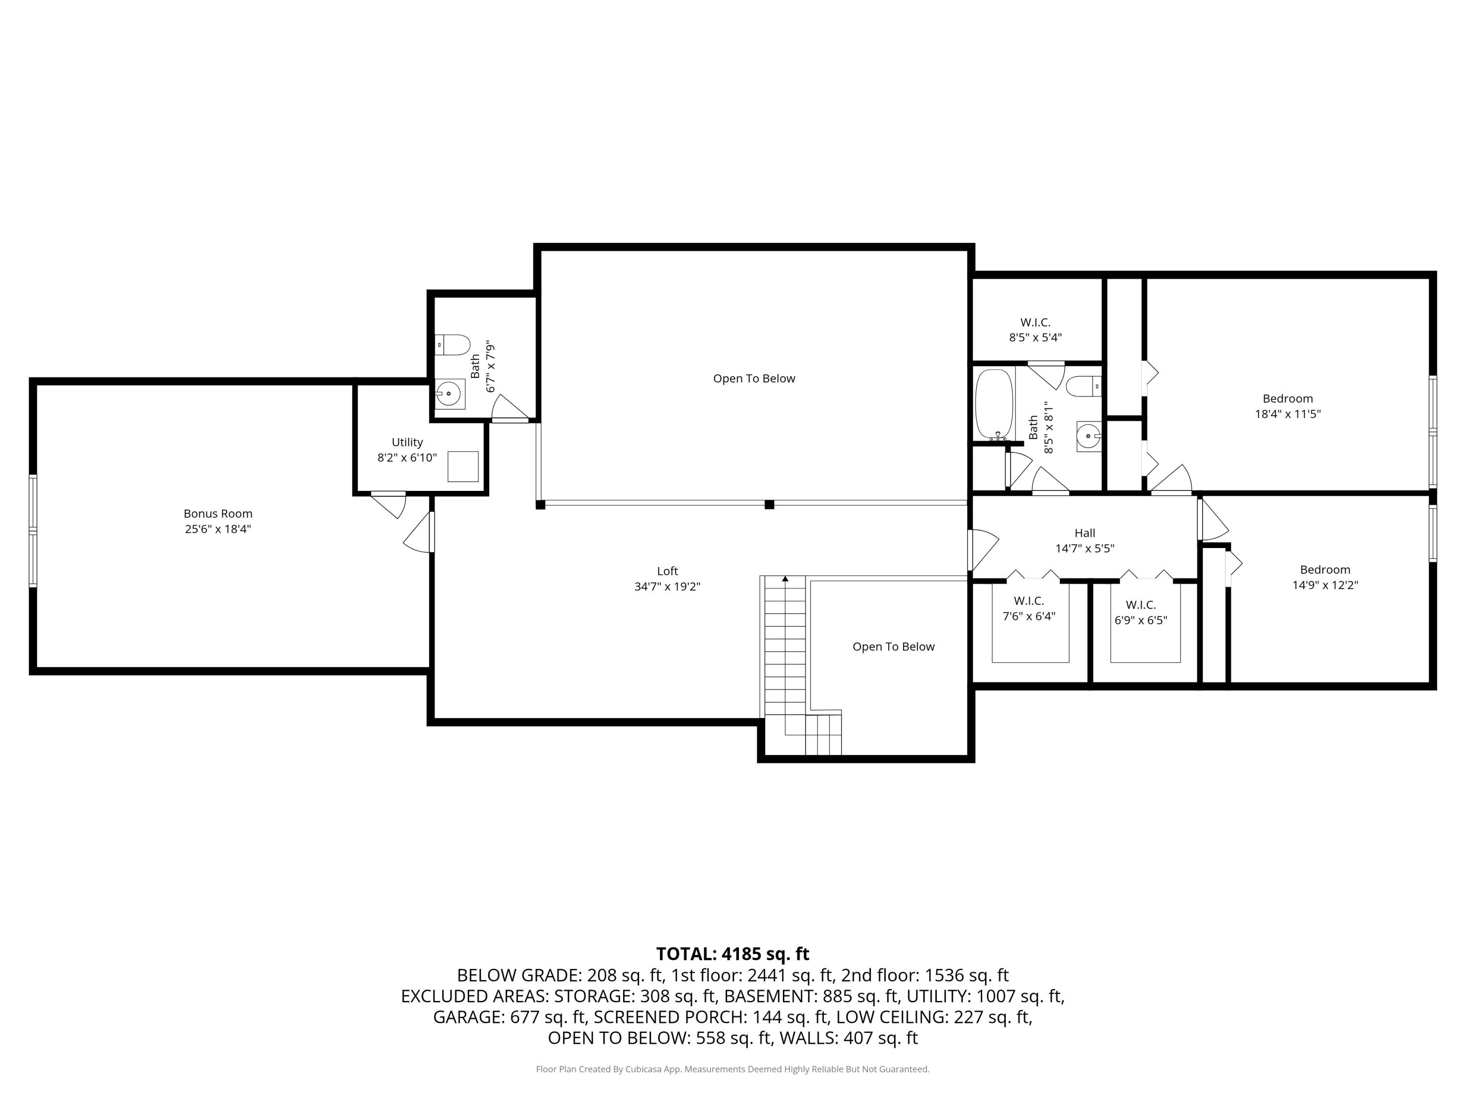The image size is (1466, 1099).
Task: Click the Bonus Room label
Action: (x=217, y=513)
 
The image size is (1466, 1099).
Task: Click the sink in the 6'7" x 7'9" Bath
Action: (x=450, y=394)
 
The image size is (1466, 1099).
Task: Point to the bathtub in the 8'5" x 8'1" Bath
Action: (x=993, y=404)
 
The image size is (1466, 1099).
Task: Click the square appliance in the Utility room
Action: (x=463, y=466)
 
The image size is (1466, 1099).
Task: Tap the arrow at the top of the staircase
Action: (x=785, y=579)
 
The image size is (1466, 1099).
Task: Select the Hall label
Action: (x=1084, y=532)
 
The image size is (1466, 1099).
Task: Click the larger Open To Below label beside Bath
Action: (x=754, y=378)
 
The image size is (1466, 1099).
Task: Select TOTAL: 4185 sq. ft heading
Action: (x=733, y=954)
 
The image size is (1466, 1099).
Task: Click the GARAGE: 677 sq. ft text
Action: (x=510, y=1017)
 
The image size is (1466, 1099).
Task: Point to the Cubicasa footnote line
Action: (x=733, y=1069)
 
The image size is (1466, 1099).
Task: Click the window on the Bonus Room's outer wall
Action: (x=32, y=530)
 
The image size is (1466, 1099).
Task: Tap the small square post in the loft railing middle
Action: (x=769, y=505)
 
